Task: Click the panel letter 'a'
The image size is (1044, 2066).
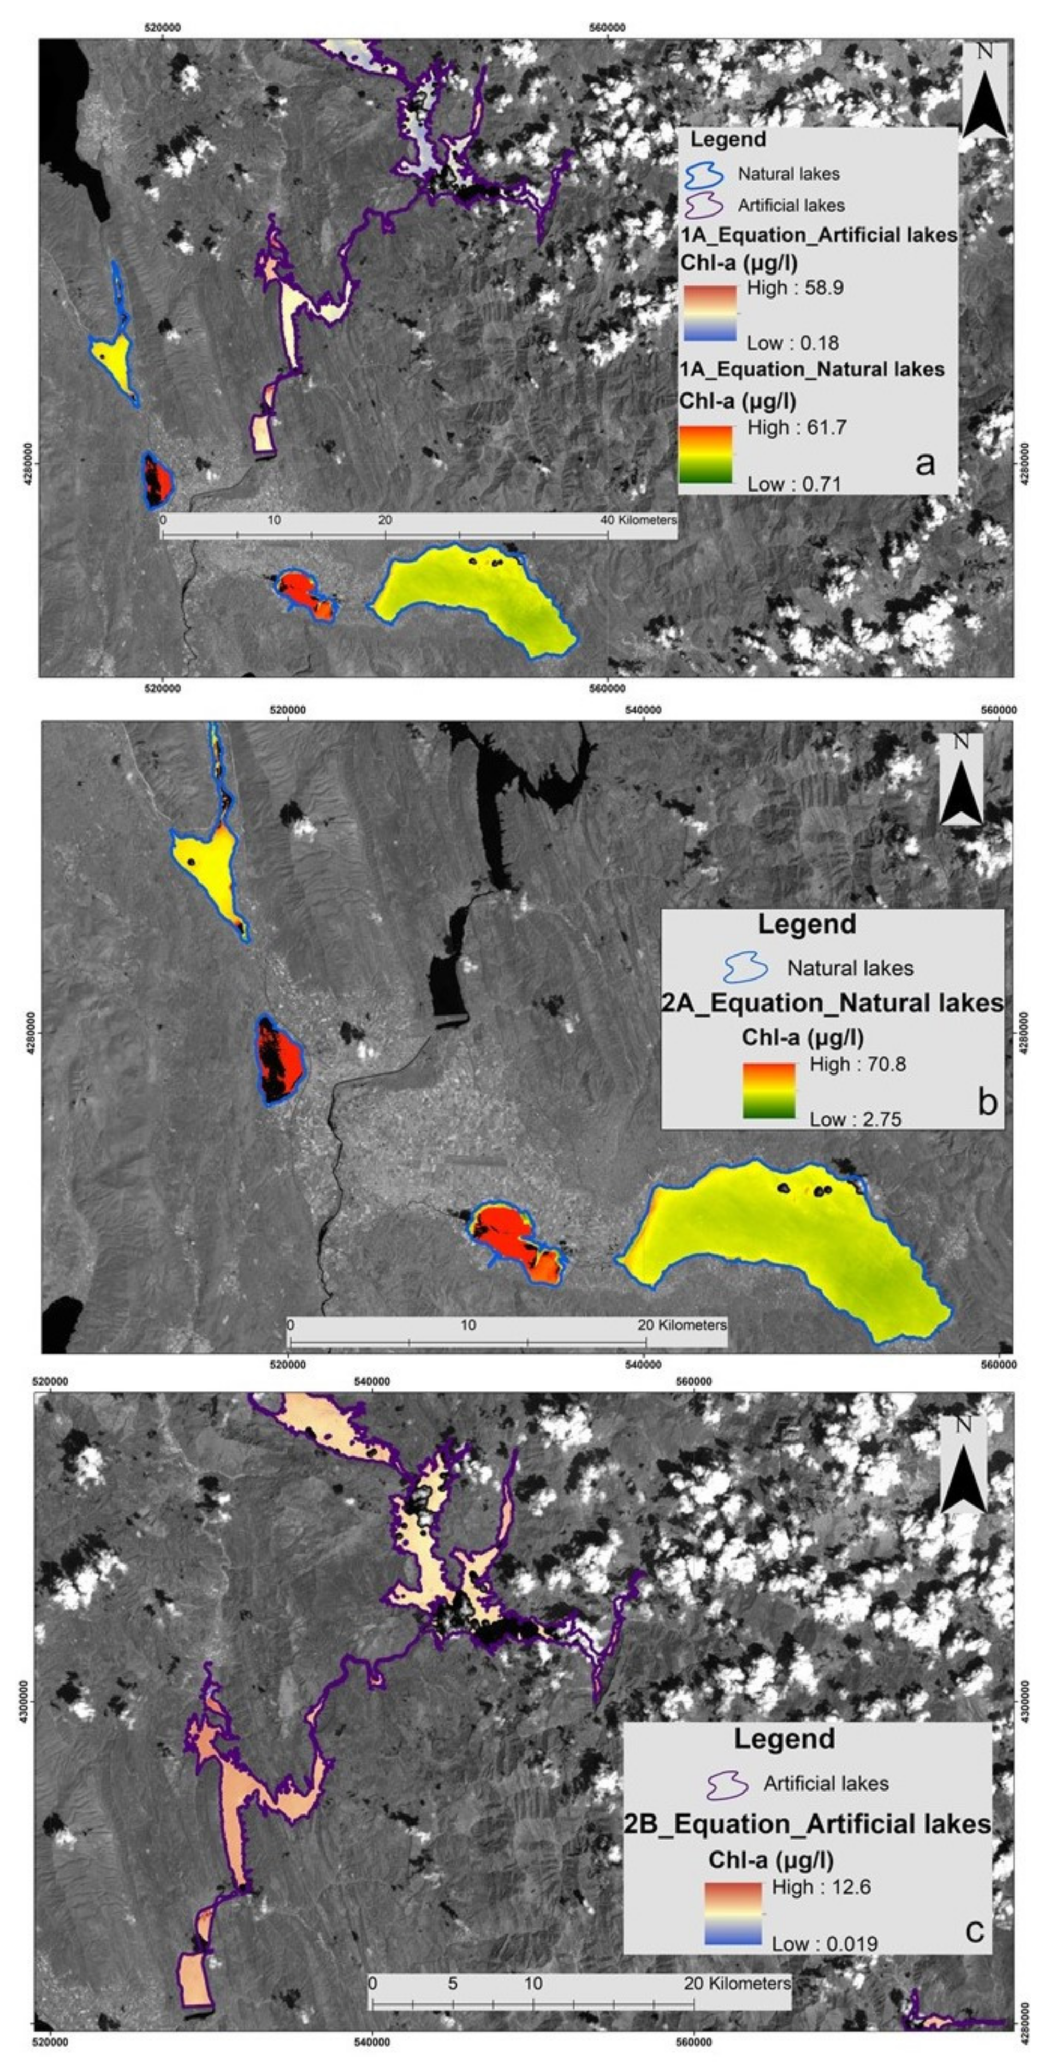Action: (x=925, y=463)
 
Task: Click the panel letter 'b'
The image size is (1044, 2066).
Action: (x=986, y=1102)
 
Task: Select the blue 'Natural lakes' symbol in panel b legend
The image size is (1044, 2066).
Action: (x=745, y=968)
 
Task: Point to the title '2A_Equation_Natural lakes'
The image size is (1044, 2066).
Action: (x=832, y=1002)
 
